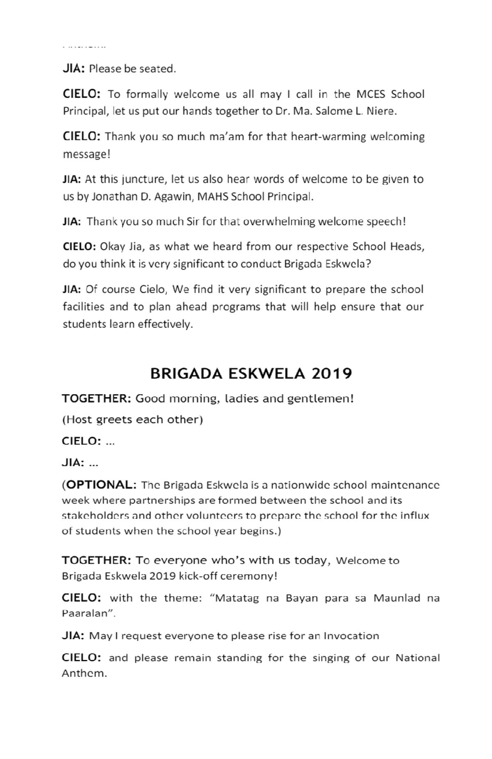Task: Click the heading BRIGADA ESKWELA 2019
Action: click(x=251, y=374)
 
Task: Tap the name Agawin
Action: click(x=173, y=197)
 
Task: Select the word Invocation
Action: click(x=351, y=636)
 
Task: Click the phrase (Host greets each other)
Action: click(x=132, y=419)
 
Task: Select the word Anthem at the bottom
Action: click(x=84, y=673)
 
